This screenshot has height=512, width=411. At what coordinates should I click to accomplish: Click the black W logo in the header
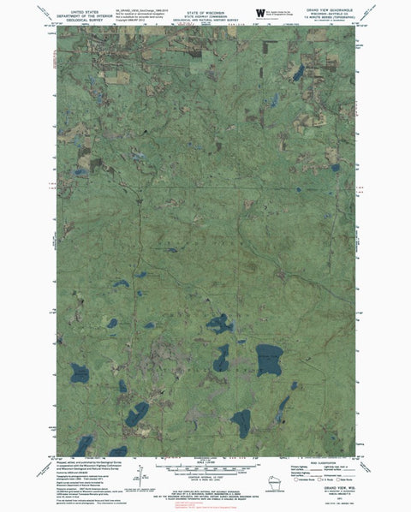click(x=259, y=11)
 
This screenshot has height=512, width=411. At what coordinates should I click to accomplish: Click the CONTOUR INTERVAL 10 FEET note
click(x=203, y=481)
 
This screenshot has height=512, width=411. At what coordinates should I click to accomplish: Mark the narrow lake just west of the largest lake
click(x=222, y=358)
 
